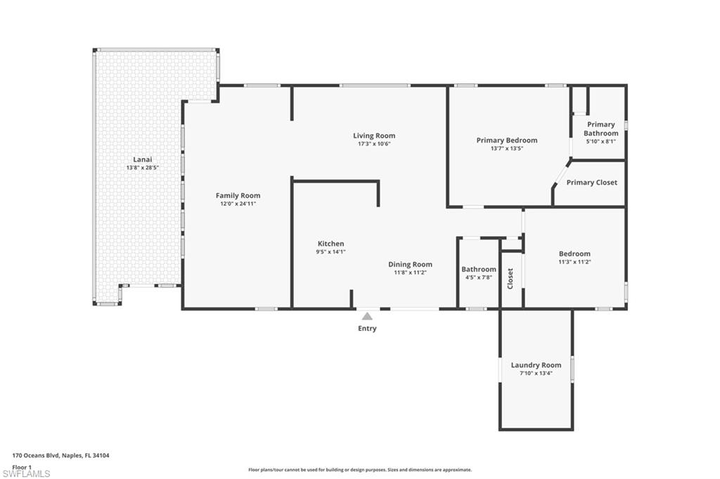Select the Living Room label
(374, 136)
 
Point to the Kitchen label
(330, 244)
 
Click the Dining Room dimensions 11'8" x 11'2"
(410, 273)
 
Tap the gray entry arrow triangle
(367, 316)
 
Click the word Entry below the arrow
(367, 329)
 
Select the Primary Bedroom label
(506, 140)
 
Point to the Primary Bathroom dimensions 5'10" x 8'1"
(600, 141)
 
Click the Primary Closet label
(591, 183)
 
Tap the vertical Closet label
(510, 278)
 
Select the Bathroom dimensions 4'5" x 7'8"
(478, 277)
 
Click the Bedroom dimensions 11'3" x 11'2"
(574, 262)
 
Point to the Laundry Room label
(536, 365)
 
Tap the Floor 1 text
(22, 466)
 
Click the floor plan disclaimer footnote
(359, 470)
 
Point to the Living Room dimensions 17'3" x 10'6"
(374, 144)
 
